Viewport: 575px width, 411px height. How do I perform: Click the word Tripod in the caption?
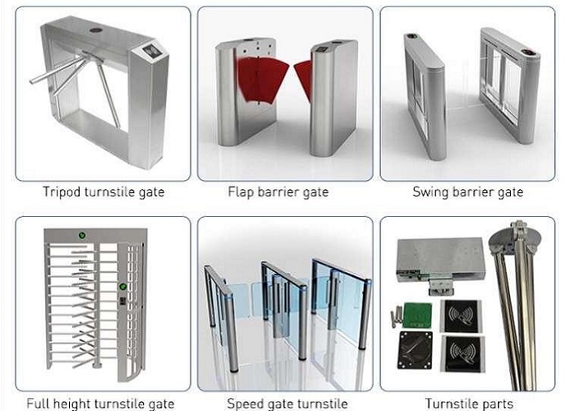[62, 192]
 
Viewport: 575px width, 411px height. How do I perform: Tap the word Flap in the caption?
[240, 192]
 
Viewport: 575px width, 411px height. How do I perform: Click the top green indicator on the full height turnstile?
[82, 235]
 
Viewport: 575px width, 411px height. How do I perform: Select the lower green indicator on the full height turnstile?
[122, 286]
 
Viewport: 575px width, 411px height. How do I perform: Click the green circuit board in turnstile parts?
[417, 316]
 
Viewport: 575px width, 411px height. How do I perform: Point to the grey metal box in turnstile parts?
[441, 261]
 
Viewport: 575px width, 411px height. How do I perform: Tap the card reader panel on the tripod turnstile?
[150, 51]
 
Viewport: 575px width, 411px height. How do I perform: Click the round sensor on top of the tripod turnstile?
[95, 29]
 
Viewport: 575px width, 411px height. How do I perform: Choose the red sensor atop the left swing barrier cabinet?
[412, 36]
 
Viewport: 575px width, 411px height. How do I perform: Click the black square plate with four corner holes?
[415, 349]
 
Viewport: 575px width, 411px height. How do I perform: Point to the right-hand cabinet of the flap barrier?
[333, 96]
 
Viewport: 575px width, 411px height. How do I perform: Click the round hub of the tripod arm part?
[515, 238]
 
